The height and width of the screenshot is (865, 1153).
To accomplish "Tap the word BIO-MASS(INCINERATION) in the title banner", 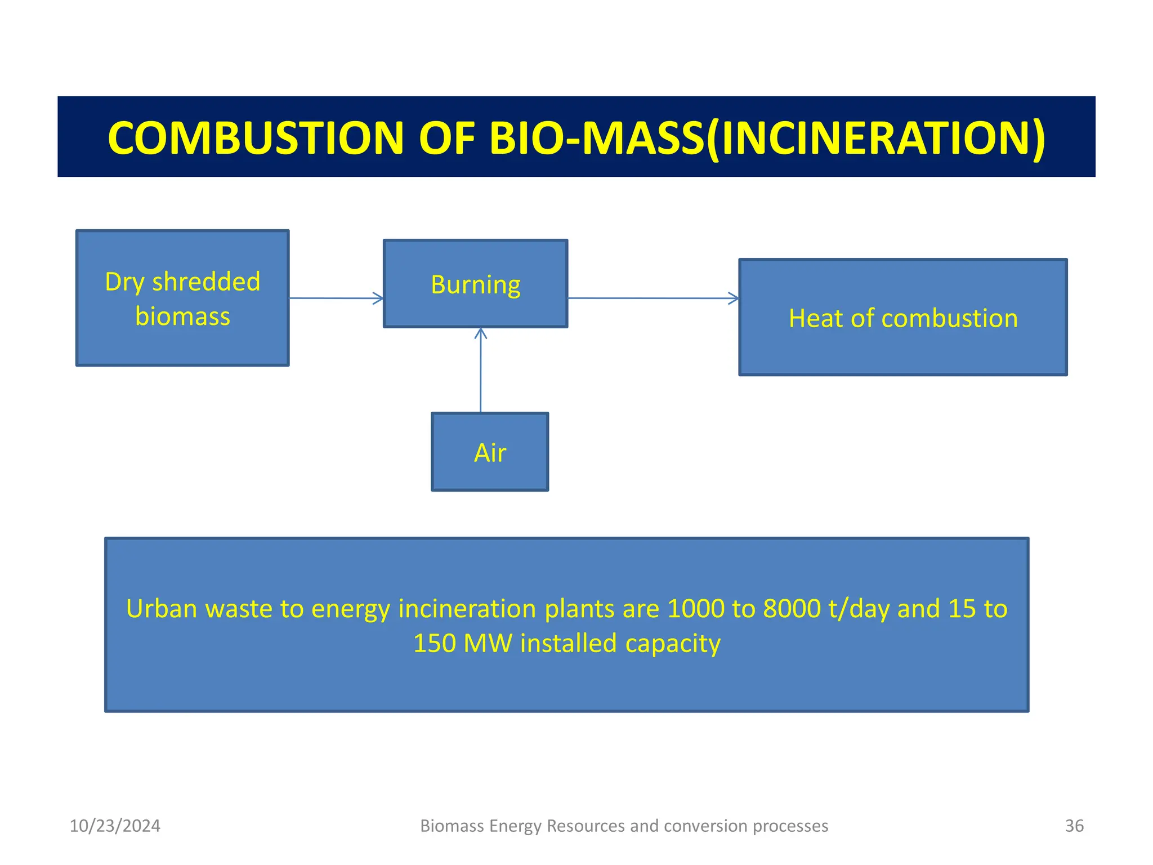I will point(767,138).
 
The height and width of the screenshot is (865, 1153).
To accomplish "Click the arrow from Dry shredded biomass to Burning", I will point(336,298).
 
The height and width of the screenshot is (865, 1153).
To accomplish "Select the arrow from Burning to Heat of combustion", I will point(653,298).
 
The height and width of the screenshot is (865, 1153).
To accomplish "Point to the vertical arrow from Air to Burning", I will point(480,372).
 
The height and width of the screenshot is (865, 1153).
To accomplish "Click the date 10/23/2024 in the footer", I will point(115,826).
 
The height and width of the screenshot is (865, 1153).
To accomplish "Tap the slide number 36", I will point(1074,826).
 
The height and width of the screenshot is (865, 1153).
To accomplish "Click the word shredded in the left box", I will point(206,282).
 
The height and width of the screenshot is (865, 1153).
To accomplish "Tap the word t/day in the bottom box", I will point(859,609).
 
